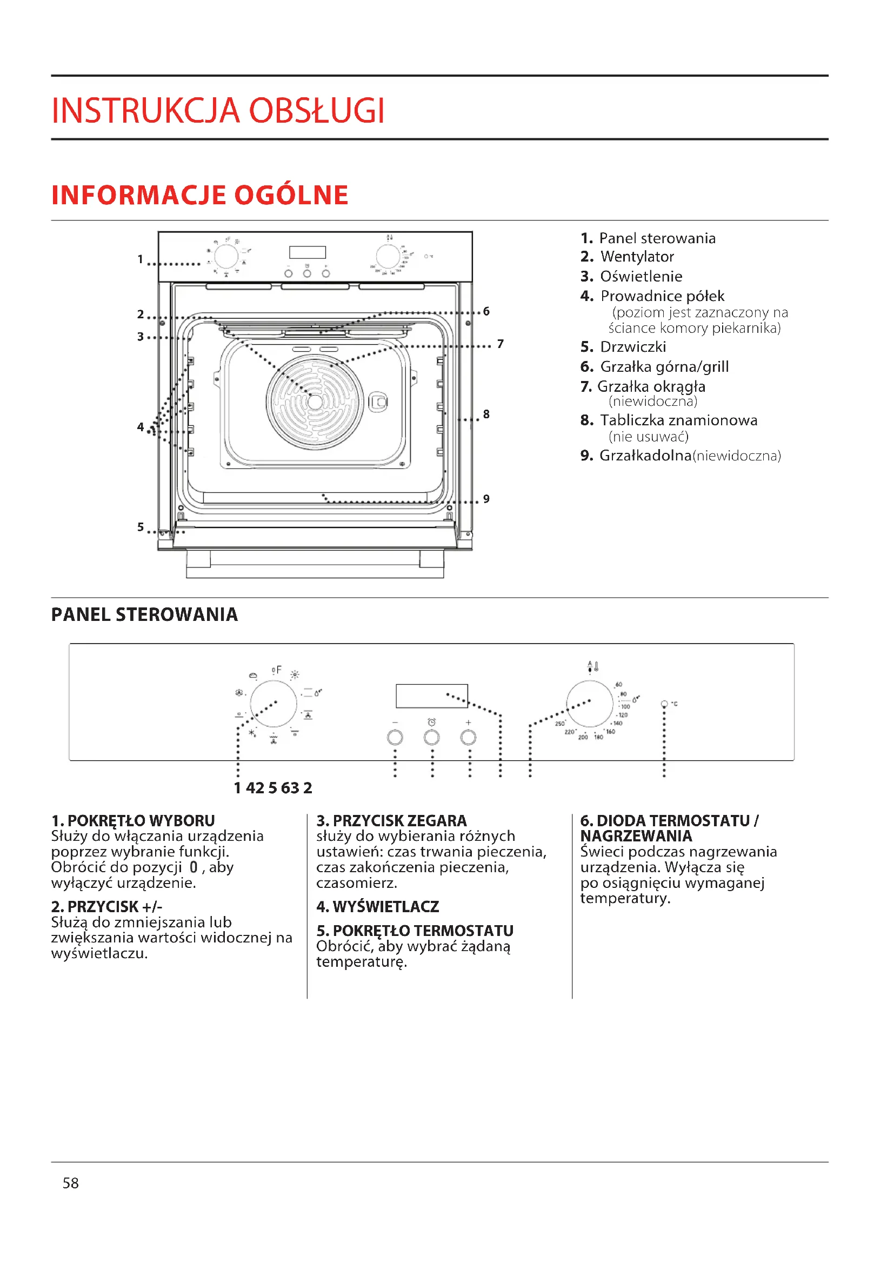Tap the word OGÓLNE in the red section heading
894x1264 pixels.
pos(291,196)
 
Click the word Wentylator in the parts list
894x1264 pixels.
pos(637,257)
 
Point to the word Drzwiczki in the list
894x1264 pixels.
pos(632,347)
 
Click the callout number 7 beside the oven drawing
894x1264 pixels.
pos(500,344)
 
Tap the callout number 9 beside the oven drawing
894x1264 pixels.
pos(486,499)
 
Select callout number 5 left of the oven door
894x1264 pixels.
pos(141,527)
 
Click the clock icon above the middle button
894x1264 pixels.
pos(431,723)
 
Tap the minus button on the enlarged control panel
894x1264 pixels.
pos(395,738)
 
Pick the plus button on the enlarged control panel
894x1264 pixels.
pos(468,738)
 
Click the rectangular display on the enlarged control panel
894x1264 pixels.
pos(431,696)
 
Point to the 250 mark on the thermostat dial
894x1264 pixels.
pos(559,724)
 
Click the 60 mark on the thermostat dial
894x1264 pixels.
pos(619,684)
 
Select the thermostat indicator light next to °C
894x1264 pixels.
pos(664,704)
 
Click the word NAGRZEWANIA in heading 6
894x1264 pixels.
pos(636,836)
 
